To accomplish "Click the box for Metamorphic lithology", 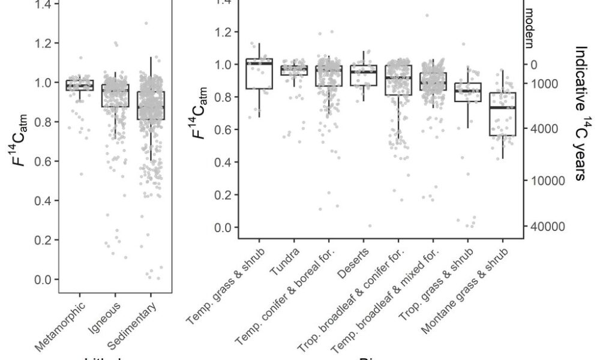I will click(80, 85).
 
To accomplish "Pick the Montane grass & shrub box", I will click(502, 114).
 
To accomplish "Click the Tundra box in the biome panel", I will click(295, 70).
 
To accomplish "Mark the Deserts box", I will click(363, 76).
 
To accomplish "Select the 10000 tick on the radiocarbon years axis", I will click(542, 181).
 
